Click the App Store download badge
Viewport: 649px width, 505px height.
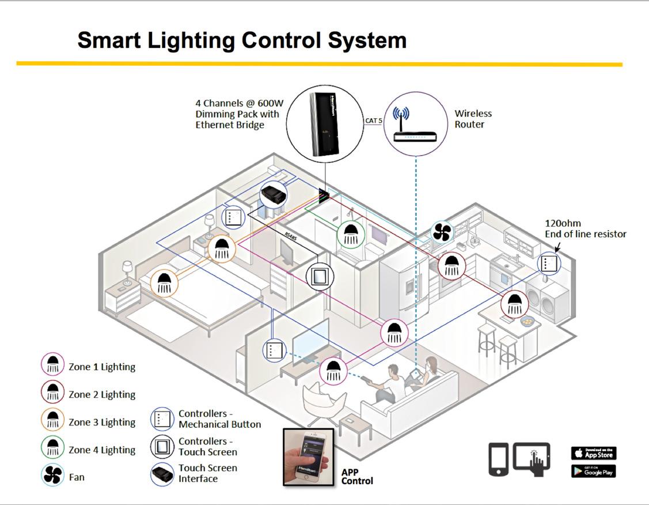[x=593, y=453]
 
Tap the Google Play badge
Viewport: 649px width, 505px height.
[x=593, y=471]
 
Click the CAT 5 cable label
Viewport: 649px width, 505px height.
[x=373, y=121]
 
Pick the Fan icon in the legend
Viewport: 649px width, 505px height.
[x=52, y=476]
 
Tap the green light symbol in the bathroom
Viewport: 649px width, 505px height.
[x=350, y=233]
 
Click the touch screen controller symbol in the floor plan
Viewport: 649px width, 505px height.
[x=319, y=277]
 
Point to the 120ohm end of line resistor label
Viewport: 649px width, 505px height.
[x=585, y=228]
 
